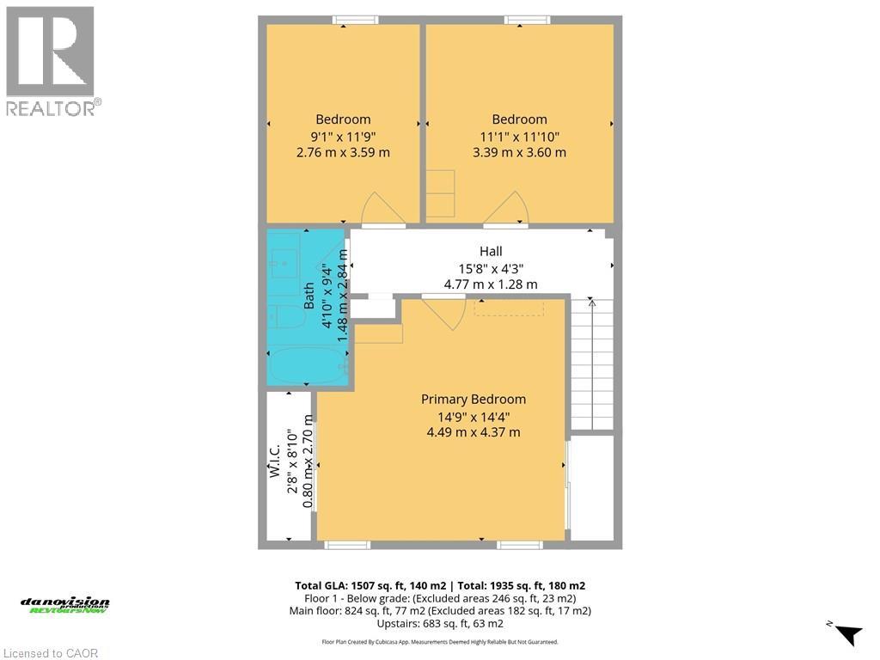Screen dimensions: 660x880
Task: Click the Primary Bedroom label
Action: tap(473, 399)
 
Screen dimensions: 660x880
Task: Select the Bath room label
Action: tap(309, 296)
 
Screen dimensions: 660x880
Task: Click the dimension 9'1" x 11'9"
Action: tap(342, 136)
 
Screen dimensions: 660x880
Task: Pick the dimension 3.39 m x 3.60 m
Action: tap(519, 152)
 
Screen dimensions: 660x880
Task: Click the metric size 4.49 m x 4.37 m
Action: tap(473, 432)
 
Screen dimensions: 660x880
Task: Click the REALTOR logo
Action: tap(52, 60)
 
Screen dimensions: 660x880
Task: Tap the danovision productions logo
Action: tap(65, 605)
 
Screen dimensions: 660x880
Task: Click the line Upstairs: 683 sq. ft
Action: tap(439, 624)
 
